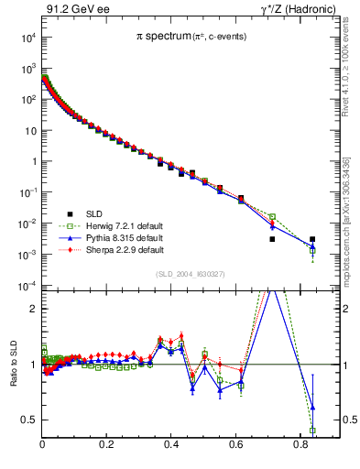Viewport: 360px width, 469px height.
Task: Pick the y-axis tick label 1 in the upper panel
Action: point(34,162)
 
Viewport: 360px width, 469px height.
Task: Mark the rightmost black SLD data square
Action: point(312,239)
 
